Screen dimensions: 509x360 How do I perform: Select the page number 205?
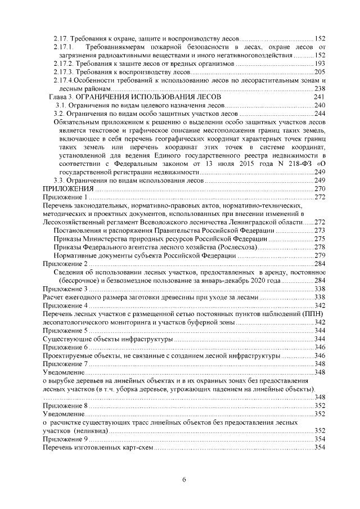click(320, 72)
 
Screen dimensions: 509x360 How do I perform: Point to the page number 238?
click(320, 89)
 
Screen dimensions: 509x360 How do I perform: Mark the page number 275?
click(320, 238)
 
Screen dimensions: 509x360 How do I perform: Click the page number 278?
click(320, 247)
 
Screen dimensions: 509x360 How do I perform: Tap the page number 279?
click(320, 255)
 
